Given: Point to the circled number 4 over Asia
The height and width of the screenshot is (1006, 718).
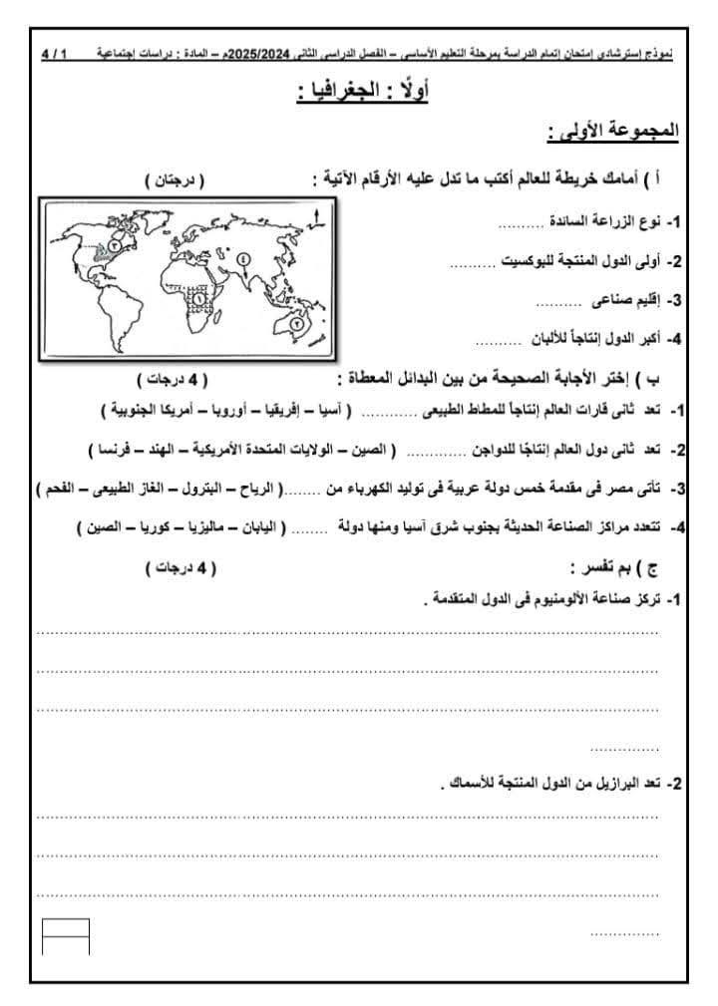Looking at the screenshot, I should (242, 258).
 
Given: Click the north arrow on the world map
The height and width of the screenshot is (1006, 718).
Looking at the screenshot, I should (316, 216).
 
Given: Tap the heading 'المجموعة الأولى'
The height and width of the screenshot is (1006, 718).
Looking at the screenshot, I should (612, 132).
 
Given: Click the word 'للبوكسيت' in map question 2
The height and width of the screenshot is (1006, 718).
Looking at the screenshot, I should (529, 262).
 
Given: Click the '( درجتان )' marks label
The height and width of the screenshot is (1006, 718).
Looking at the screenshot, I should (175, 179).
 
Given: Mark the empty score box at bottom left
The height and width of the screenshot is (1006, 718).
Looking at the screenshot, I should (66, 935).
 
